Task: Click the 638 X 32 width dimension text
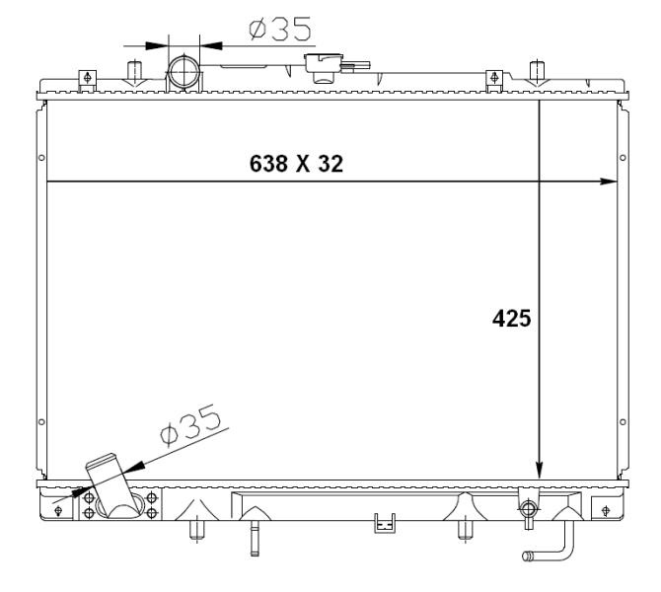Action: point(296,164)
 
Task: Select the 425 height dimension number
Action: point(511,319)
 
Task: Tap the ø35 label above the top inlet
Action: point(280,29)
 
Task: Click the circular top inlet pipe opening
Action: point(184,72)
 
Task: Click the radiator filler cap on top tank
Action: point(324,67)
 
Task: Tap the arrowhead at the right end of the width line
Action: point(609,182)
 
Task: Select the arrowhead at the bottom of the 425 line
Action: point(540,470)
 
